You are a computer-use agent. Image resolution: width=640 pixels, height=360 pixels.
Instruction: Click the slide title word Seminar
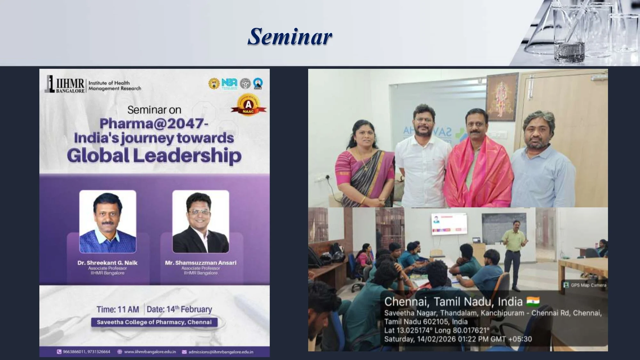coord(290,36)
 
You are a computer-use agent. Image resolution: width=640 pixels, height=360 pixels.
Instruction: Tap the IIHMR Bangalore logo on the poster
coord(65,84)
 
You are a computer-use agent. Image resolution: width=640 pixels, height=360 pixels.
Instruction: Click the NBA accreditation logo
coord(229,84)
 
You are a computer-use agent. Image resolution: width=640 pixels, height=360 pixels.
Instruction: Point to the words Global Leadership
coord(154,156)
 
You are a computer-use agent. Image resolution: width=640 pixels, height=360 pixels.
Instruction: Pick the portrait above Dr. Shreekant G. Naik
coord(108,222)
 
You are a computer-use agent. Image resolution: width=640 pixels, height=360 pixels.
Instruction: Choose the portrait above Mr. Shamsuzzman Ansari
coord(201,222)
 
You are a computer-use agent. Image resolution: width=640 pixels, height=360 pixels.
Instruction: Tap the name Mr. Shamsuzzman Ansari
coord(201,263)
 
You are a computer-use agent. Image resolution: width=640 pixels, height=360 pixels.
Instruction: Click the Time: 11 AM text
coord(118,309)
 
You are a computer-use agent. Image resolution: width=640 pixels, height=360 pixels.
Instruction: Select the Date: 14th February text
coord(179,309)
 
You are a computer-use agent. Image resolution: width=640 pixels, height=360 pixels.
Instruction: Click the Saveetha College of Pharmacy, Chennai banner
coord(154,322)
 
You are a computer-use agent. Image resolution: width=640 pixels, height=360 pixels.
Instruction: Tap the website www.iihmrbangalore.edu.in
coord(150,352)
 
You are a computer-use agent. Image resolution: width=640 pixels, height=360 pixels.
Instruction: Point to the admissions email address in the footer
coord(220,352)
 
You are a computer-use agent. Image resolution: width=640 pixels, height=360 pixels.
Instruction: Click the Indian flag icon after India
coord(533,301)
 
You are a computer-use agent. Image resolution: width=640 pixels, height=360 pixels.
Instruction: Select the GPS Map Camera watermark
coord(585,285)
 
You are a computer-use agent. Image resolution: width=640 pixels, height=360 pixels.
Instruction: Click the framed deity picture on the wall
coord(502,97)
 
